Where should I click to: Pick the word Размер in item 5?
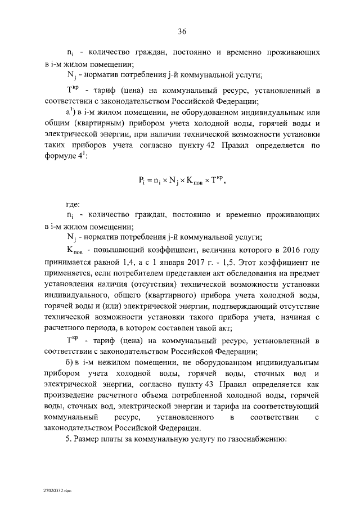[x=89, y=439]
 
